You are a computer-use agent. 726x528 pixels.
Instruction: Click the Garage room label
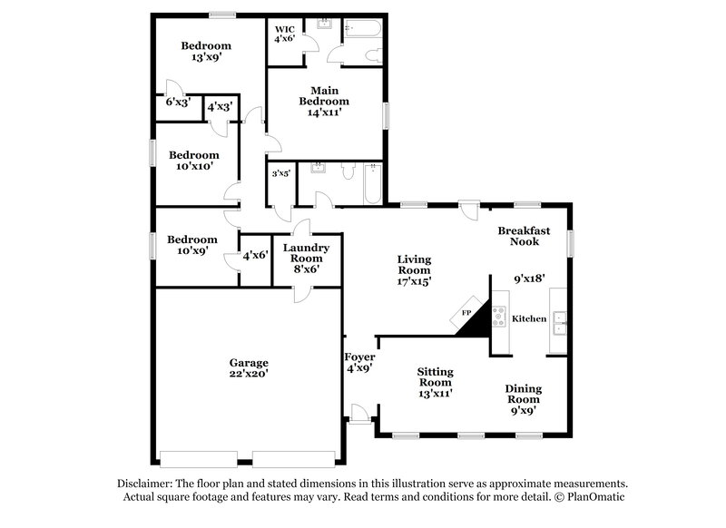tap(248, 363)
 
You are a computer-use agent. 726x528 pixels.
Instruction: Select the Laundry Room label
tap(306, 253)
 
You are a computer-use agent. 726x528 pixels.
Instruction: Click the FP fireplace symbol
tap(468, 313)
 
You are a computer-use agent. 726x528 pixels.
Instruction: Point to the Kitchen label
tap(529, 318)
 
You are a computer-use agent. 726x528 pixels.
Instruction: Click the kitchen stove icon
tap(499, 316)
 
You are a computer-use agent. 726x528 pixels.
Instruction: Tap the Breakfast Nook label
tap(524, 236)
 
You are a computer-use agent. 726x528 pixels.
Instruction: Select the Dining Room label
tap(522, 393)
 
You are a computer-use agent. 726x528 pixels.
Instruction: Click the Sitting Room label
tap(435, 376)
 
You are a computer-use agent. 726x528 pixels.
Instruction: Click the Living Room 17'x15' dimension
tap(414, 281)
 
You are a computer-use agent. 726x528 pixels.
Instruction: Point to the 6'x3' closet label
tap(177, 103)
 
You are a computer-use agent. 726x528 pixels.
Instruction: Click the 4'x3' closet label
tap(220, 106)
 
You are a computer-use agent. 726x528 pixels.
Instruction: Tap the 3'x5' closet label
tap(280, 172)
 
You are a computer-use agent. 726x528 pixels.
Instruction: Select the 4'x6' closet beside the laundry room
tap(255, 256)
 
